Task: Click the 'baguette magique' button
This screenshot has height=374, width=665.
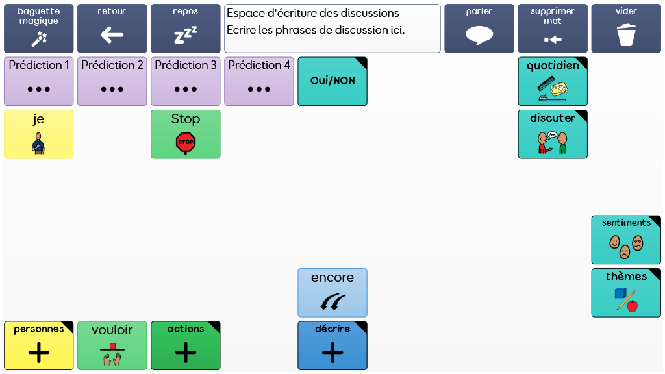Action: tap(38, 29)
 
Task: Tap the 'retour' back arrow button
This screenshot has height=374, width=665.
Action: tap(112, 29)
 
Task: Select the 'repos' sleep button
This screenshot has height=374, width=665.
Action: tap(185, 29)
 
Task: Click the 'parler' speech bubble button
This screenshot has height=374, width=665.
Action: tap(479, 29)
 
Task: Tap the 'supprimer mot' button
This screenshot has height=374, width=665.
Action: tap(553, 29)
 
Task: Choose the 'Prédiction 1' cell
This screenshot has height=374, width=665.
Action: tap(38, 81)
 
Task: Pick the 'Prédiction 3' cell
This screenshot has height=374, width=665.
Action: tap(185, 81)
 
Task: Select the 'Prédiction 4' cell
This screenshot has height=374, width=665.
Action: tap(258, 81)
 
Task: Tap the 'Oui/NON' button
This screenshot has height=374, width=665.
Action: tap(332, 81)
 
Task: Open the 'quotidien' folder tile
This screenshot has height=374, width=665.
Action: tap(553, 81)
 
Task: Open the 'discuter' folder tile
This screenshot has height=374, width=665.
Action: tap(553, 134)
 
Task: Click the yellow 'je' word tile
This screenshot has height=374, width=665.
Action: tap(38, 134)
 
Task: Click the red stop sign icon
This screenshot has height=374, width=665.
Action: tap(186, 142)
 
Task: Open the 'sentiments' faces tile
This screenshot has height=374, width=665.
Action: tap(626, 240)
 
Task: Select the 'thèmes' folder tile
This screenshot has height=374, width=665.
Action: tap(626, 292)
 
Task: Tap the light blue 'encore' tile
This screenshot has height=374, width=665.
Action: tap(332, 292)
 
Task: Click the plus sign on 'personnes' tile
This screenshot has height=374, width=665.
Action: tap(39, 353)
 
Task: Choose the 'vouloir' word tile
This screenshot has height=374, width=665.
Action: tap(112, 345)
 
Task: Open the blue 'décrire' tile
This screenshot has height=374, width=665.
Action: tap(332, 345)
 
